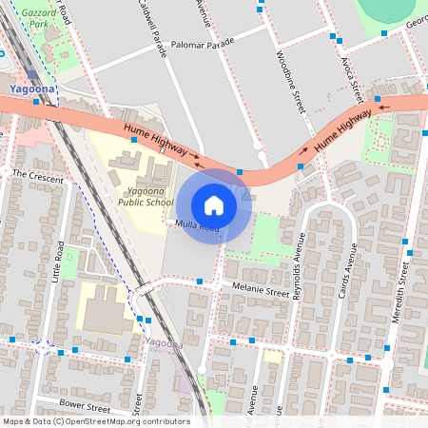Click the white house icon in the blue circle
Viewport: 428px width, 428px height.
pyautogui.click(x=214, y=205)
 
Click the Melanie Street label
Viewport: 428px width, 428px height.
pyautogui.click(x=254, y=291)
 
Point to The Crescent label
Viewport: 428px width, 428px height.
pyautogui.click(x=37, y=177)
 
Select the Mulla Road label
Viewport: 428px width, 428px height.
pyautogui.click(x=198, y=226)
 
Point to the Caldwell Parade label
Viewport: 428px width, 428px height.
pyautogui.click(x=151, y=29)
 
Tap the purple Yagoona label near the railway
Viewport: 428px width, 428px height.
pyautogui.click(x=164, y=342)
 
